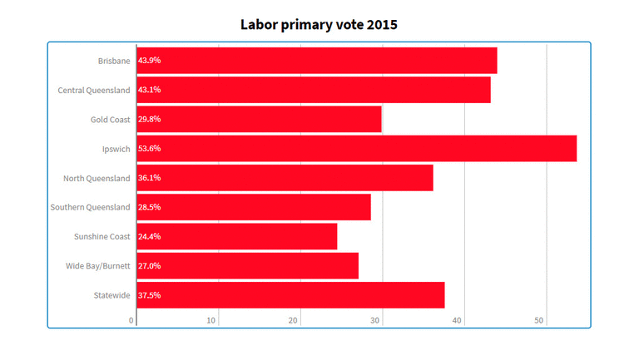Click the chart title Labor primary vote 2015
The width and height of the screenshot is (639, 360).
[319, 24]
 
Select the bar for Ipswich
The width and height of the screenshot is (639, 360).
[356, 148]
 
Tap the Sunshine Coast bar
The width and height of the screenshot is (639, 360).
[237, 236]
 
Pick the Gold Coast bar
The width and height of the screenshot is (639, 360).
[259, 119]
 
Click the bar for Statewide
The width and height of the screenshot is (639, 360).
[290, 295]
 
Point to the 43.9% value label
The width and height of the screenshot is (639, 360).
[150, 61]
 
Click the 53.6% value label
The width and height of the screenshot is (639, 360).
[150, 148]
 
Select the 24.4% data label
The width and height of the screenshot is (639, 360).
[150, 236]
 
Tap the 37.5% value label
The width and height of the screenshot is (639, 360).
[150, 295]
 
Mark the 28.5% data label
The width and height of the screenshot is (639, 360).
[150, 207]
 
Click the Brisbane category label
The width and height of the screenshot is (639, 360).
[114, 61]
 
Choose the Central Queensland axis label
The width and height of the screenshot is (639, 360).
[94, 90]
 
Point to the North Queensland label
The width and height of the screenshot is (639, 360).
[97, 178]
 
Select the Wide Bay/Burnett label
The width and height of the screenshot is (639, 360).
[98, 266]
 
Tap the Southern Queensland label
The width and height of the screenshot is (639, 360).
[91, 207]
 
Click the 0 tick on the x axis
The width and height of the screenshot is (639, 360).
[131, 321]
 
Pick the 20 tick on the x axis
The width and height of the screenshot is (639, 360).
[295, 321]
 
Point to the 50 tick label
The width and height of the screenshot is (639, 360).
[539, 321]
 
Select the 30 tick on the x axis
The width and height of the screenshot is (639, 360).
[376, 321]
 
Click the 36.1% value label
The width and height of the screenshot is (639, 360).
[150, 178]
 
